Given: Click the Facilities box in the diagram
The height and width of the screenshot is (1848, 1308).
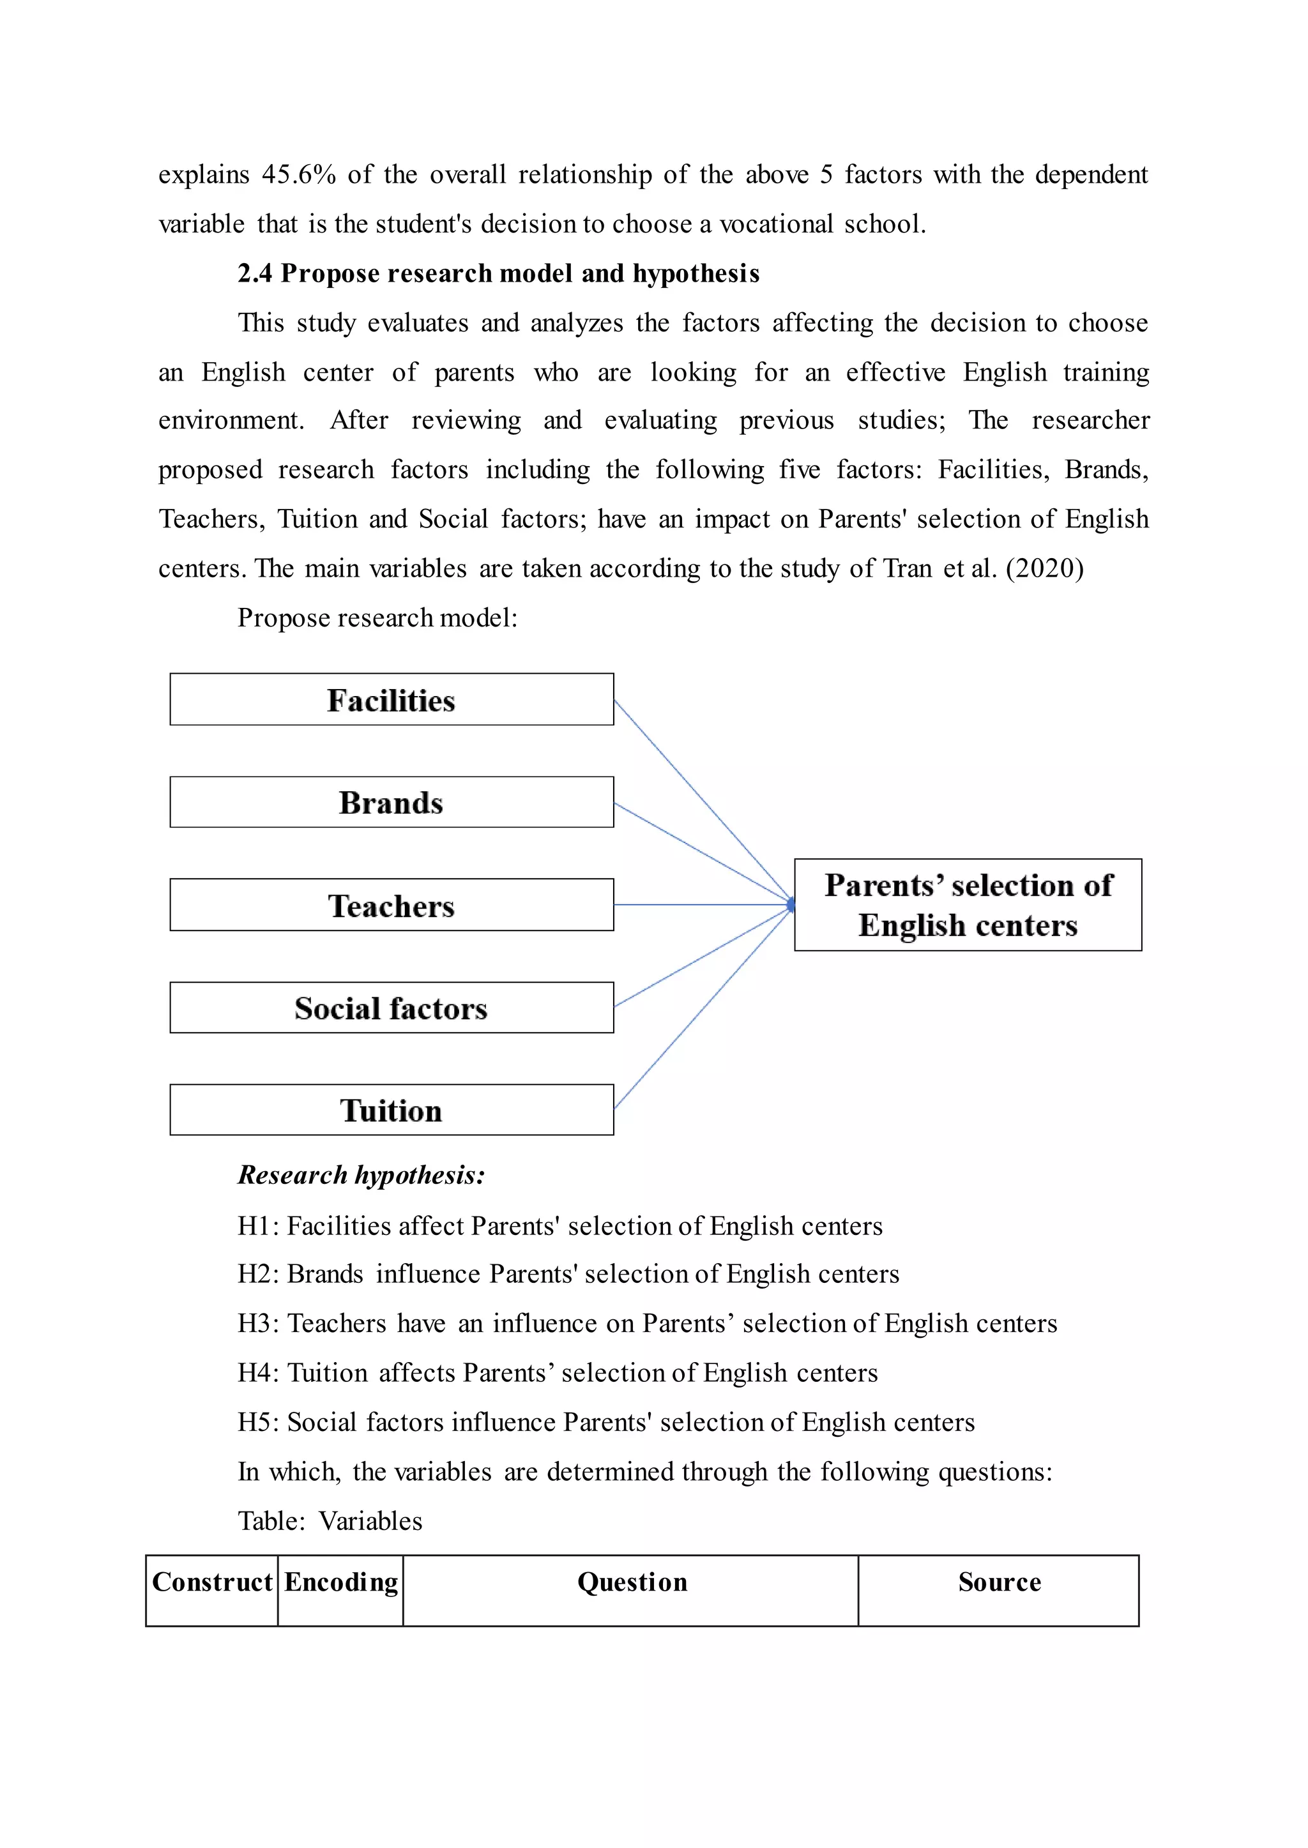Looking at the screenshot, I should [392, 700].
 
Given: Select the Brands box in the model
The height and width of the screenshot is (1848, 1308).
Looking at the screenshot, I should [392, 802].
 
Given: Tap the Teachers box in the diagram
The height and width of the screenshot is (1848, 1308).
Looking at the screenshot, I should [392, 905].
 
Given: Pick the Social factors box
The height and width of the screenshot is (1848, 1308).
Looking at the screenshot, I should [392, 1008].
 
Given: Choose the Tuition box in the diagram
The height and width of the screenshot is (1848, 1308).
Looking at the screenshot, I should [392, 1110].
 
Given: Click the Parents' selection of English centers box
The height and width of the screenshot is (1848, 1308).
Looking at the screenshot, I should [968, 904].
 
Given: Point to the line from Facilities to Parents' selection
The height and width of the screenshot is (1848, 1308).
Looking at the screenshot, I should [701, 800].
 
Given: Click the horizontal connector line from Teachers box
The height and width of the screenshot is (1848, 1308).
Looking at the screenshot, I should [701, 904].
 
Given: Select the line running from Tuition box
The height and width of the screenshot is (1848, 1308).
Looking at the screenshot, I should [701, 1011].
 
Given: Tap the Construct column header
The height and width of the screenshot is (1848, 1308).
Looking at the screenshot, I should [212, 1582].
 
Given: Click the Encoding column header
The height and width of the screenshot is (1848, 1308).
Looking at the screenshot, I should [340, 1582].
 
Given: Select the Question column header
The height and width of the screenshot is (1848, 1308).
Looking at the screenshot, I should [632, 1582].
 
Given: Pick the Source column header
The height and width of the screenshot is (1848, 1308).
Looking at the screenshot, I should [999, 1582].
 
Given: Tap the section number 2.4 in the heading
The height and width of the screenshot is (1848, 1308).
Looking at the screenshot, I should [255, 274].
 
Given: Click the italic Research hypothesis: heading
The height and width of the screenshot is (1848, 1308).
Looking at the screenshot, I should [361, 1175].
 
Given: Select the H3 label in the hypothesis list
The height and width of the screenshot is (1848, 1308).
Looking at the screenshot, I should [257, 1324].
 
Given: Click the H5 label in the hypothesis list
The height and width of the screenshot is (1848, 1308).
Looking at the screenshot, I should [257, 1422].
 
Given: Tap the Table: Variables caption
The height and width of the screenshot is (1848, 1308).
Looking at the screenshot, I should [330, 1520].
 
